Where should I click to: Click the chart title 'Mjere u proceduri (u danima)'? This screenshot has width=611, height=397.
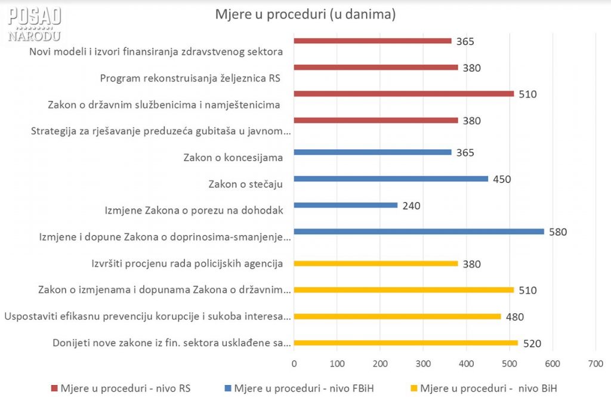[x=305, y=15]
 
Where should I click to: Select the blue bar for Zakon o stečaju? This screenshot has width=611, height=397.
[x=391, y=179]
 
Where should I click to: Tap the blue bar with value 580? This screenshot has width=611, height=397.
[x=419, y=232]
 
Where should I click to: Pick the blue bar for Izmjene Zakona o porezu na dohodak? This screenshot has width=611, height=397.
[x=345, y=205]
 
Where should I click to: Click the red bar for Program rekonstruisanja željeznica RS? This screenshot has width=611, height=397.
[x=376, y=67]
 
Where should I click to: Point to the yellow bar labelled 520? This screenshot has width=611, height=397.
[x=406, y=343]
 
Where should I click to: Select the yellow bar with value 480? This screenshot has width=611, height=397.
[x=397, y=316]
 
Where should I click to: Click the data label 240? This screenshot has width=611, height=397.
[x=411, y=206]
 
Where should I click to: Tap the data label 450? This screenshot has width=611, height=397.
[x=502, y=179]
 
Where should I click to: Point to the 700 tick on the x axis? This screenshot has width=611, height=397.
[x=595, y=363]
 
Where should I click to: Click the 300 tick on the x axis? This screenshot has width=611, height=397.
[x=423, y=363]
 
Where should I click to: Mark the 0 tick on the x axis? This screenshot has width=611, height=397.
[x=294, y=363]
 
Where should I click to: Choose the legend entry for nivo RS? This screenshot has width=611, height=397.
[x=124, y=388]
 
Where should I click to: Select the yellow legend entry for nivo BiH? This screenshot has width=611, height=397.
[x=483, y=388]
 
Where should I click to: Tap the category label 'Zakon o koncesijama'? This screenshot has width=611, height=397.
[x=233, y=158]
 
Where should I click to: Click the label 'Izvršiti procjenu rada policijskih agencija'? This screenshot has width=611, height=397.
[x=187, y=263]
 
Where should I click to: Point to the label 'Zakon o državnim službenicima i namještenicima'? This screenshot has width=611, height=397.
[x=164, y=105]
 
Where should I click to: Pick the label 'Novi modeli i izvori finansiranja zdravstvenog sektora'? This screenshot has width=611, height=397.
[x=156, y=51]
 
